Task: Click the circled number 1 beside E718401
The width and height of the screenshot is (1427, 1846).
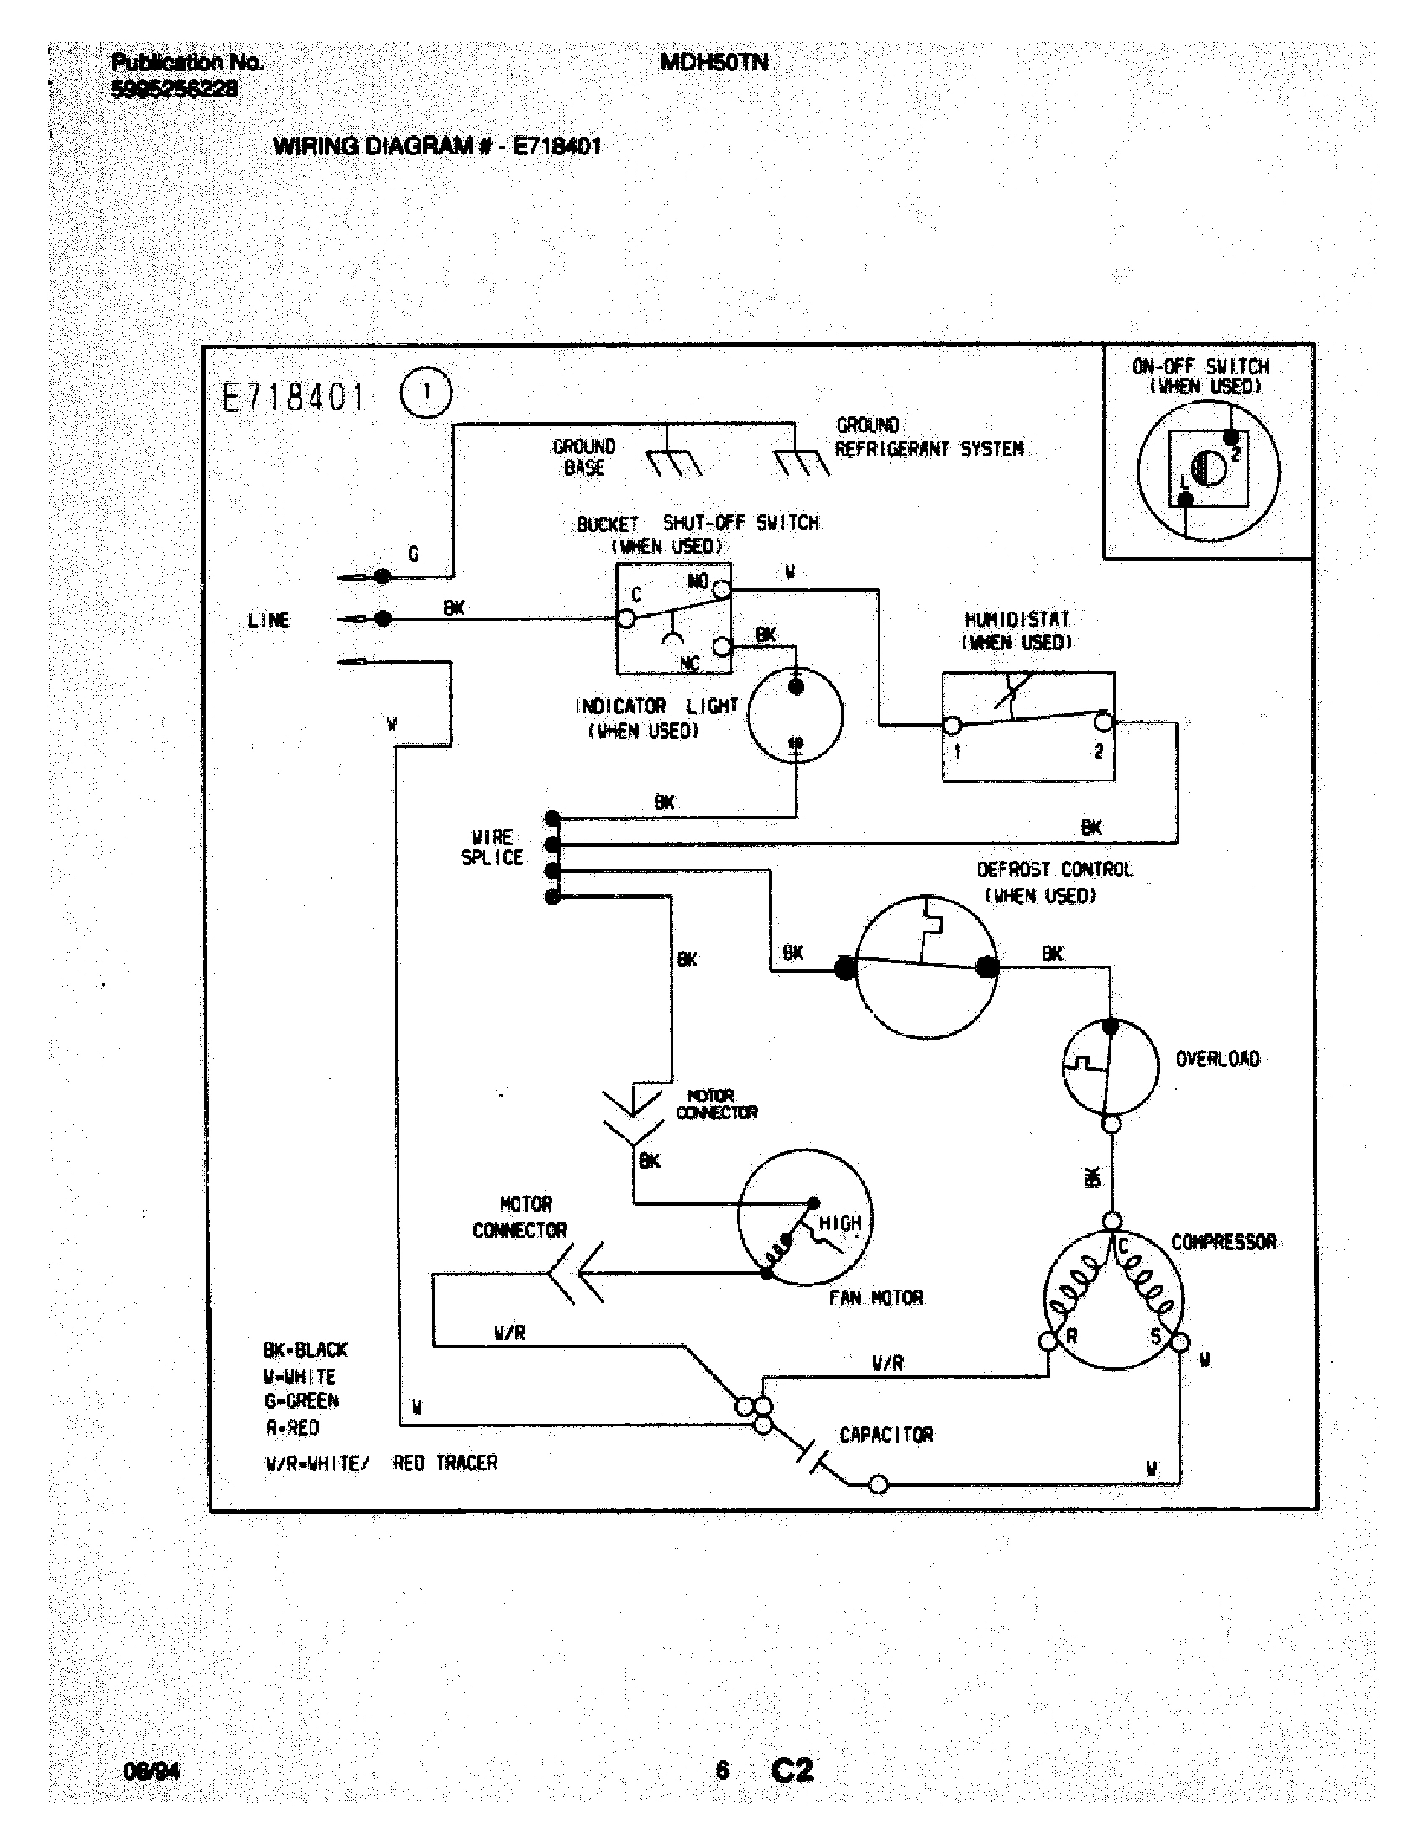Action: tap(426, 393)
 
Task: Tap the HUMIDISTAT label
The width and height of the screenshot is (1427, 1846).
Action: tap(1017, 619)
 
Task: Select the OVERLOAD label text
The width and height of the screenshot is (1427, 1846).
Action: tap(1217, 1059)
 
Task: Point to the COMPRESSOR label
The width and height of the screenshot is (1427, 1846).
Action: tap(1223, 1242)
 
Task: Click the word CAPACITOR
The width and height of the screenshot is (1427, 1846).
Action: tap(886, 1434)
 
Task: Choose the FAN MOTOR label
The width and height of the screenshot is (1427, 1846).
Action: tap(876, 1297)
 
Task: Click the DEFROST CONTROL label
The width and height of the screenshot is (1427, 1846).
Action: tap(1054, 870)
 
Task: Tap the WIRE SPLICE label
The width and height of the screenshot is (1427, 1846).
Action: tap(492, 847)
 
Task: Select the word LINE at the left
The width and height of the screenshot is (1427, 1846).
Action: tap(269, 619)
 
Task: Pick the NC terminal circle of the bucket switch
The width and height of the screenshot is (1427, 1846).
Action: tap(721, 647)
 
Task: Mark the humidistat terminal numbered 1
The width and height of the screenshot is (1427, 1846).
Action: tap(953, 725)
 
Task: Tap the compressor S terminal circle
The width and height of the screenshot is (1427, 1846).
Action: tap(1179, 1343)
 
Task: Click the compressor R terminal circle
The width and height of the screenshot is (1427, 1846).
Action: tap(1048, 1342)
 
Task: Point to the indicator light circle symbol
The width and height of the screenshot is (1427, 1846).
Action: tap(796, 715)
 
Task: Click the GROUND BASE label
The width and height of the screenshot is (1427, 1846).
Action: tap(584, 456)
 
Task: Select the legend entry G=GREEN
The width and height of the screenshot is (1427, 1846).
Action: tap(302, 1400)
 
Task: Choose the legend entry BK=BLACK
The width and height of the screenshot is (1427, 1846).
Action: tap(306, 1349)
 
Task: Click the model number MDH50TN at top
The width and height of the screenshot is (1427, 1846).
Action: tap(714, 62)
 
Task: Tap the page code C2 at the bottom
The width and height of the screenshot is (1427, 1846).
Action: tap(792, 1769)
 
